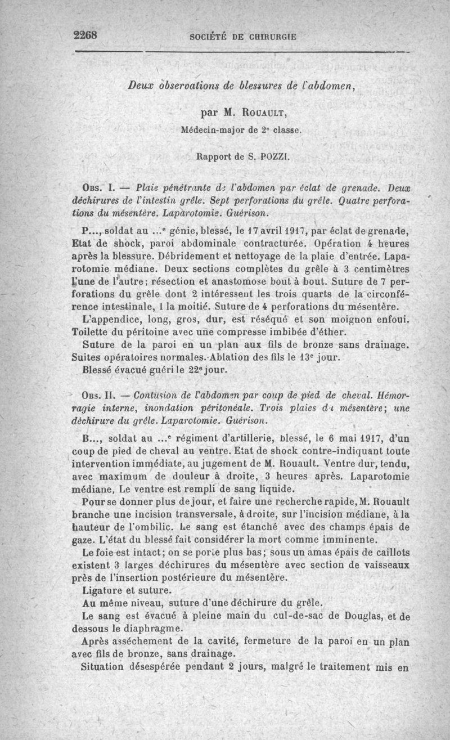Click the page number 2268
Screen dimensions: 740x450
click(86, 34)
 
